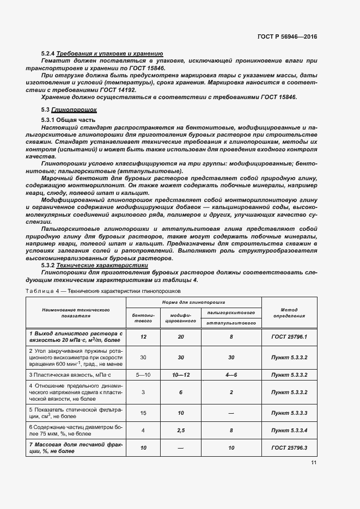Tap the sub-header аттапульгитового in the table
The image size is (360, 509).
231,323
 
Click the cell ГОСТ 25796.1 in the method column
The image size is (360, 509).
289,337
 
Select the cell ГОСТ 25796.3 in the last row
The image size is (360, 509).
289,447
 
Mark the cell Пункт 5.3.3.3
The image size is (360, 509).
289,413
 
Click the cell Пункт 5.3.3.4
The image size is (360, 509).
289,430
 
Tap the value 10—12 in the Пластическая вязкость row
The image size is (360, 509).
180,375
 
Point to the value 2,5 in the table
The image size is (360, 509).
180,430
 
